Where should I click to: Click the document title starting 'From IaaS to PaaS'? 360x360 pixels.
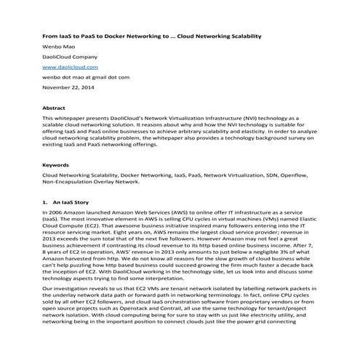coord(152,36)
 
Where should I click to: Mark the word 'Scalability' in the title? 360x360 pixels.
coord(241,36)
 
